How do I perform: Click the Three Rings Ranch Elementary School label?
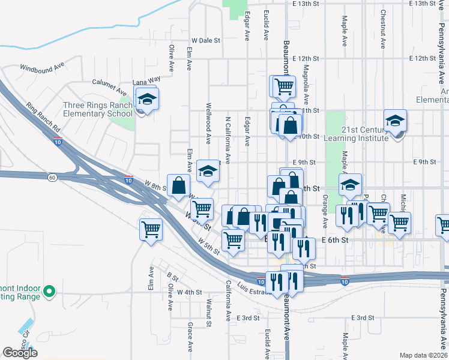[x=98, y=109]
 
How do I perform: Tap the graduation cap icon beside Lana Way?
[x=146, y=99]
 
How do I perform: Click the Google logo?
[x=20, y=353]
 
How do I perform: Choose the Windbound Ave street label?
[x=42, y=67]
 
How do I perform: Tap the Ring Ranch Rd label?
[x=43, y=118]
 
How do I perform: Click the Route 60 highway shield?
[x=52, y=177]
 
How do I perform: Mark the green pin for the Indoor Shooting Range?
[x=50, y=293]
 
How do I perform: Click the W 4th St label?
[x=187, y=292]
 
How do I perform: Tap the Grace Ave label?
[x=190, y=336]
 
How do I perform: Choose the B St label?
[x=173, y=278]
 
